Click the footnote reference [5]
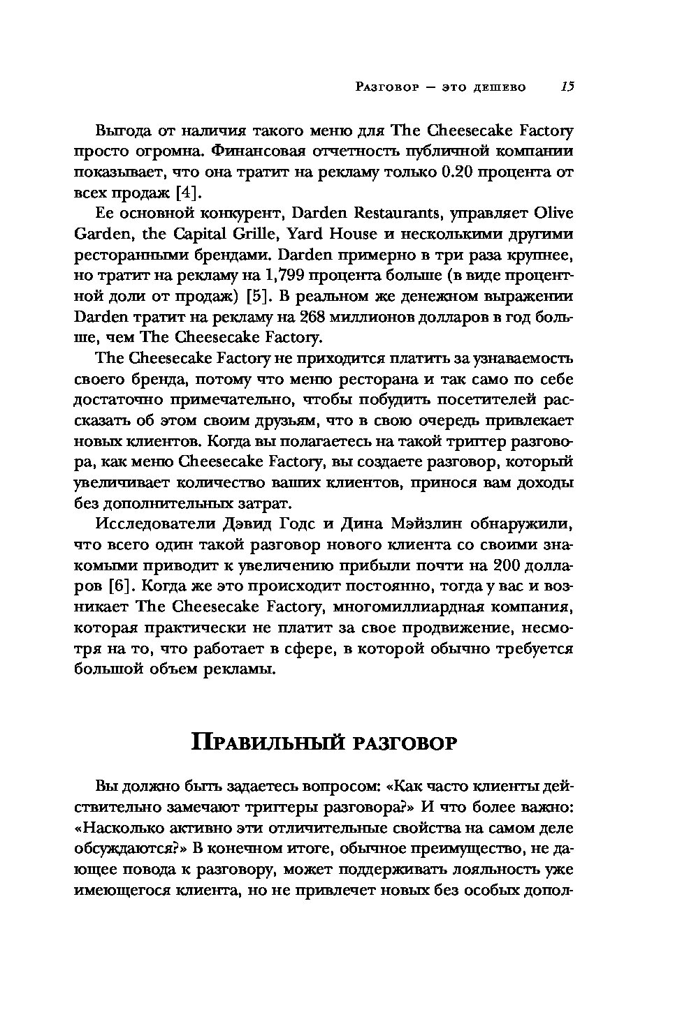click(261, 296)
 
